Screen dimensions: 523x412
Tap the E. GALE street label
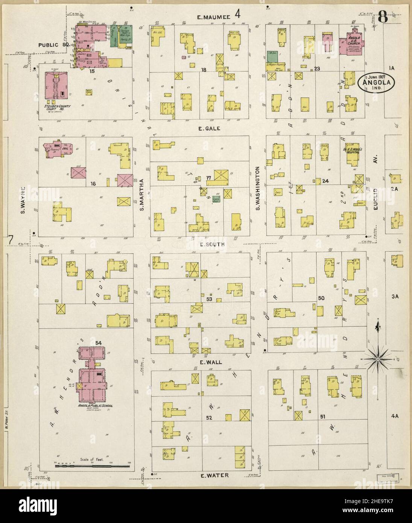211,128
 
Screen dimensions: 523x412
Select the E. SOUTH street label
212,244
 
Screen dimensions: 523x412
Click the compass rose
377,358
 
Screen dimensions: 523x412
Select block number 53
210,299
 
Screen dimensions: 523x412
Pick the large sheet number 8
383,17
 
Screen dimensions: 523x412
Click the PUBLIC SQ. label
53,45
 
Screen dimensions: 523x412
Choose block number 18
204,70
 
